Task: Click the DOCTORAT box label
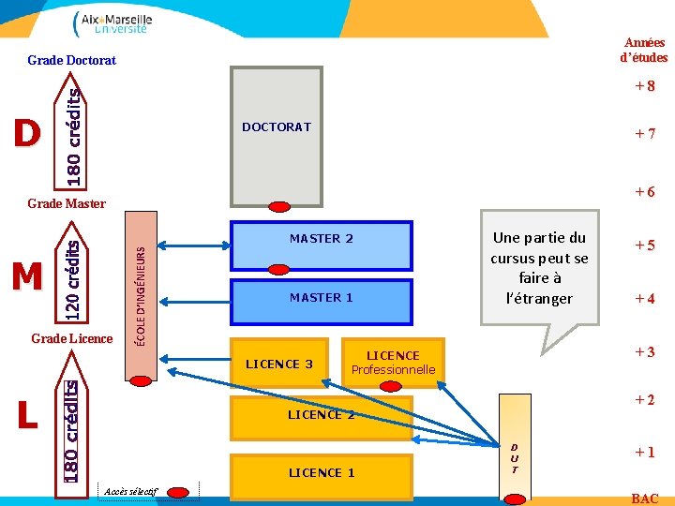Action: pyautogui.click(x=276, y=126)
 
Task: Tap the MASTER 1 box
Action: pyautogui.click(x=321, y=298)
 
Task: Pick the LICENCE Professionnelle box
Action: pyautogui.click(x=393, y=363)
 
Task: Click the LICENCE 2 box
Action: pyautogui.click(x=321, y=415)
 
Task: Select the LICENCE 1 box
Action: pyautogui.click(x=321, y=473)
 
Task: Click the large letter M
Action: pyautogui.click(x=27, y=276)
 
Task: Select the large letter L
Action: pyautogui.click(x=27, y=414)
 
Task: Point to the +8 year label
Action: pyautogui.click(x=644, y=86)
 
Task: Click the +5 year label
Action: pyautogui.click(x=644, y=246)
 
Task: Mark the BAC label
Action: pyautogui.click(x=645, y=499)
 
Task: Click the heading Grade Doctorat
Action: pyautogui.click(x=72, y=61)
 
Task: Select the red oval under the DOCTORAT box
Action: pyautogui.click(x=280, y=207)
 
